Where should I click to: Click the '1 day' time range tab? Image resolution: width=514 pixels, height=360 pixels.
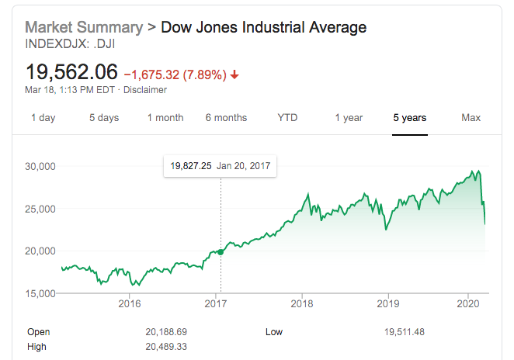coord(43,118)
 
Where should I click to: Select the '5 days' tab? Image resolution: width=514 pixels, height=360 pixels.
coord(104,118)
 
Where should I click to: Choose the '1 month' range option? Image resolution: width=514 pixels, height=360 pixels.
coord(165,118)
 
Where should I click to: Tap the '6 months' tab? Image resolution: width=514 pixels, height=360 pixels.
coord(226,118)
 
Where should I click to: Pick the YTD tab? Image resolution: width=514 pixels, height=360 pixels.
coord(287,118)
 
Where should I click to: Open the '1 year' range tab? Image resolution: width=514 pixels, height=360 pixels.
coord(349,118)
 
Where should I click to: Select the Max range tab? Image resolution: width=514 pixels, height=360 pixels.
coord(471,118)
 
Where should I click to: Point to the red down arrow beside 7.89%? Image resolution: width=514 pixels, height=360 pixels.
coord(234,75)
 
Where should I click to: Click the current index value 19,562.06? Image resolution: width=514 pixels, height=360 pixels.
coord(71,73)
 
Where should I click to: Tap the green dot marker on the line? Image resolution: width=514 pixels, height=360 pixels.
coord(221,251)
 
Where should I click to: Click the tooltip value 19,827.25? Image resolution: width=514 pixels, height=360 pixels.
coord(190,166)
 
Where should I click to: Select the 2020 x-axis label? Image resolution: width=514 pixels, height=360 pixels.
coord(468,303)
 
